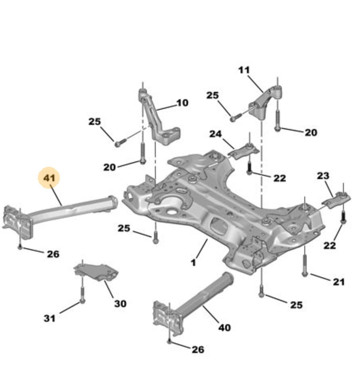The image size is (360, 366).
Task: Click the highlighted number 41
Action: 49,178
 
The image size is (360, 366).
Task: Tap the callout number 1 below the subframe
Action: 193,262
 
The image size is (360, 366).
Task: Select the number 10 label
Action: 182,103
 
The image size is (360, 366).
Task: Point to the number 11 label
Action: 244,70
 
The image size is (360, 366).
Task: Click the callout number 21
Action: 339,282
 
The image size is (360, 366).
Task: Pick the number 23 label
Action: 322,175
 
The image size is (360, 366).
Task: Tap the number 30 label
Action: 120,303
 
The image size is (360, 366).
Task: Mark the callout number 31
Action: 49,318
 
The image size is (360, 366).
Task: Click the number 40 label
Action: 224,328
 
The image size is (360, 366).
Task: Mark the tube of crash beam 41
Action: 73,208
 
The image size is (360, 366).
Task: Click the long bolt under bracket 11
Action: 277,119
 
